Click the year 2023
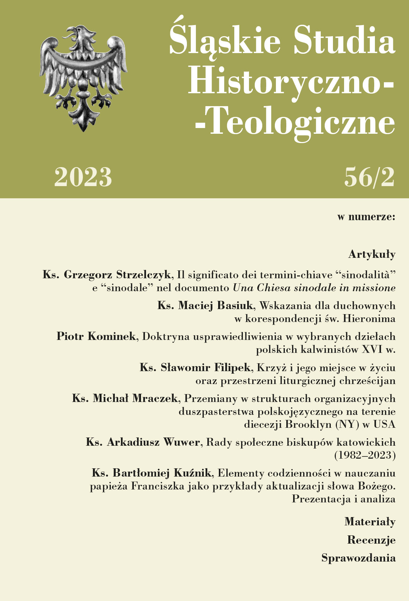(x=83, y=177)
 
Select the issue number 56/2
(x=369, y=177)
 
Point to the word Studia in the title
(x=344, y=40)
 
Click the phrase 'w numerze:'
(x=366, y=217)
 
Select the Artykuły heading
(x=372, y=255)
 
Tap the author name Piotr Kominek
(x=96, y=336)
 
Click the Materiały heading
(x=370, y=522)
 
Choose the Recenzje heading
(x=371, y=540)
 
